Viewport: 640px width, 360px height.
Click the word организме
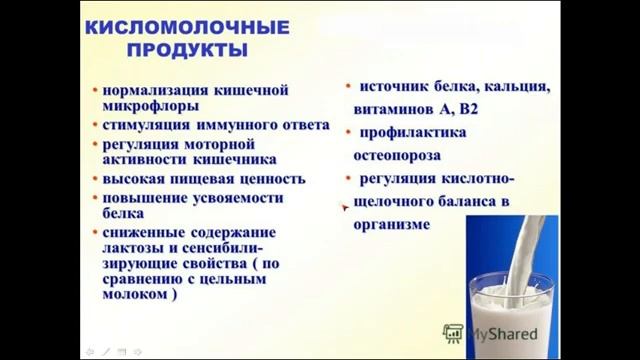click(391, 225)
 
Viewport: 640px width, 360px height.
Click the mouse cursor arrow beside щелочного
click(345, 208)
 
